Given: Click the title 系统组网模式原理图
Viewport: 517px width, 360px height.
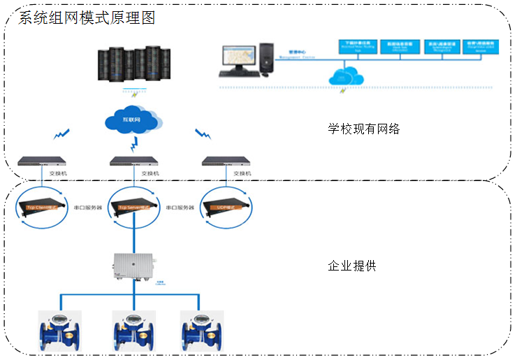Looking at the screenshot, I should pyautogui.click(x=87, y=17).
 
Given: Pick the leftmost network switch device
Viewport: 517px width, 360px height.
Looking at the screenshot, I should pyautogui.click(x=43, y=162).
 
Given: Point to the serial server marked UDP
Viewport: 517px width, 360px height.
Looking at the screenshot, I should pyautogui.click(x=226, y=207).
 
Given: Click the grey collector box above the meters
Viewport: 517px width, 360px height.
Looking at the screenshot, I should pyautogui.click(x=134, y=266).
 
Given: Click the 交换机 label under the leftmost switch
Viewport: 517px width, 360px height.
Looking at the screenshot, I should pyautogui.click(x=57, y=173).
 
